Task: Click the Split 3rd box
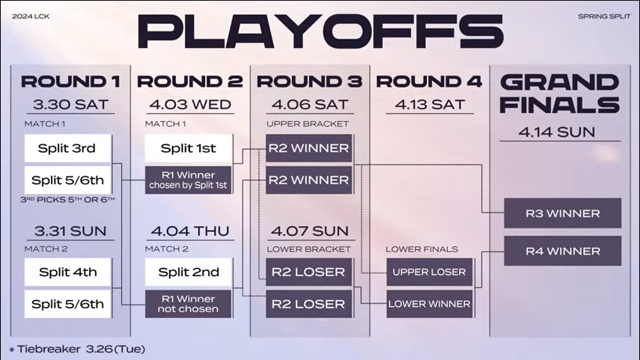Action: [x=68, y=148]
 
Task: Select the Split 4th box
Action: [x=68, y=272]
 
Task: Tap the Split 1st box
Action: [x=188, y=148]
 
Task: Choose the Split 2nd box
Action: [x=188, y=272]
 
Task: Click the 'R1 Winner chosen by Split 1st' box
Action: [x=188, y=180]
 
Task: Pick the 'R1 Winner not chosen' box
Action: [x=188, y=304]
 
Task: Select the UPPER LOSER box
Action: [x=429, y=272]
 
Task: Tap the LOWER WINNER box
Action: [x=429, y=304]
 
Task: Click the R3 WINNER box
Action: [x=562, y=213]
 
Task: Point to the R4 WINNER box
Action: [x=562, y=251]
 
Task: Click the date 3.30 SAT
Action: [x=70, y=105]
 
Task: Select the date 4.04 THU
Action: [x=190, y=231]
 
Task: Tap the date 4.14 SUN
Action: [x=557, y=132]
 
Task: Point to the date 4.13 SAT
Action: [x=430, y=105]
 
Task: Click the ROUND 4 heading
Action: [x=429, y=82]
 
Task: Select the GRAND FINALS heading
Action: [x=560, y=94]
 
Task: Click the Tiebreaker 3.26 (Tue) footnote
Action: [x=77, y=350]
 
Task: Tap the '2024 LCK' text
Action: [x=31, y=16]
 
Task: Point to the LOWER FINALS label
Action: [x=421, y=249]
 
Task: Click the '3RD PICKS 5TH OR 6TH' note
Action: [x=68, y=200]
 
